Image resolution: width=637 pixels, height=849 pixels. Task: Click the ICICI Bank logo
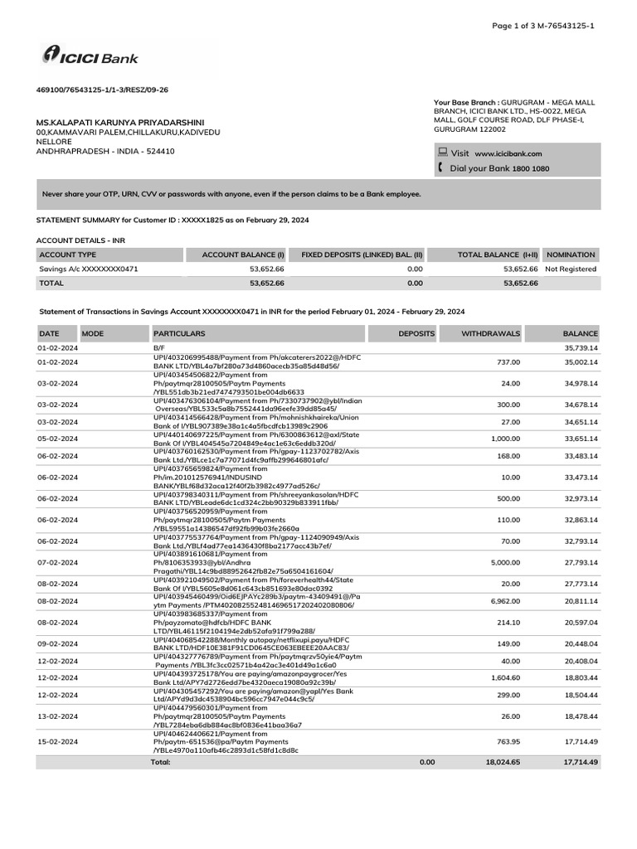tap(90, 56)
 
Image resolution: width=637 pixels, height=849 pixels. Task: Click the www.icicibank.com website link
tap(508, 153)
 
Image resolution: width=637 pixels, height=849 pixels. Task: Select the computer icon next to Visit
tap(443, 153)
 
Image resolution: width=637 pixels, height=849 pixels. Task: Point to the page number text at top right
tap(543, 27)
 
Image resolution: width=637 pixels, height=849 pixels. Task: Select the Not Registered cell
tap(571, 269)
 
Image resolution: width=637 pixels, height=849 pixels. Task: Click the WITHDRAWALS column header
tap(490, 333)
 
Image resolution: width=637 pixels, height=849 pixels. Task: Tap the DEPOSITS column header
tap(416, 333)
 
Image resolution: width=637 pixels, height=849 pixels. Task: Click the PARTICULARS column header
tap(179, 333)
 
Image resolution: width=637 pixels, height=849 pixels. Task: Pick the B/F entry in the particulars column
tap(159, 348)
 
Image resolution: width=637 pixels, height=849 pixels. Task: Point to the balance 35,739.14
tap(581, 348)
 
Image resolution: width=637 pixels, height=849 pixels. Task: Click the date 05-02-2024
tap(57, 438)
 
